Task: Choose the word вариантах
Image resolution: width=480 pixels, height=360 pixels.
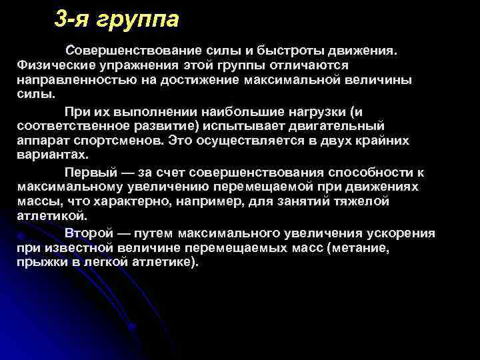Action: click(51, 155)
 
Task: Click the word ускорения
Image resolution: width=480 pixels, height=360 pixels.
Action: click(399, 233)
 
